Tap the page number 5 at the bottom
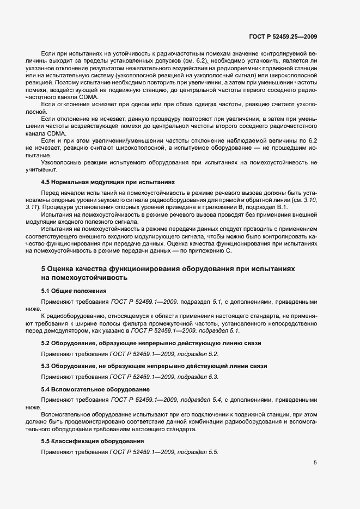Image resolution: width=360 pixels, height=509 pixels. point(315,463)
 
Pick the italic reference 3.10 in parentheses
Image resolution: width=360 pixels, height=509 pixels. point(309,200)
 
